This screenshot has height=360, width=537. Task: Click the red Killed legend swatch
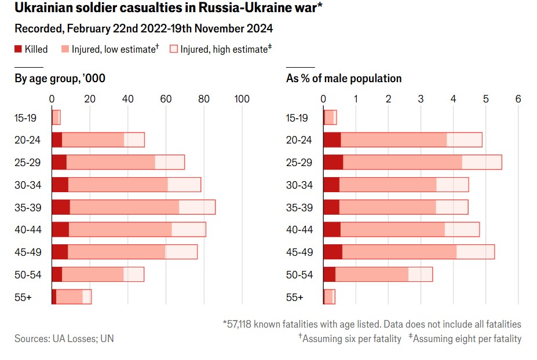click(x=18, y=50)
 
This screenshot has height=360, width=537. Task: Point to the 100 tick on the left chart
click(x=241, y=99)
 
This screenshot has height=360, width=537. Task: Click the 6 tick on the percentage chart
click(x=518, y=99)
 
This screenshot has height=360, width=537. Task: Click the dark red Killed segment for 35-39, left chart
click(x=61, y=207)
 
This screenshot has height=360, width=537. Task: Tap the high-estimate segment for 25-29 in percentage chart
click(x=482, y=162)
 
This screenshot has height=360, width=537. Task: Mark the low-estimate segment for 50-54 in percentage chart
click(x=372, y=274)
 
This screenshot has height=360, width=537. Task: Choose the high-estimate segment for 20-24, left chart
click(x=134, y=139)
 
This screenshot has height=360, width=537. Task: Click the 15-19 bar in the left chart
click(x=56, y=117)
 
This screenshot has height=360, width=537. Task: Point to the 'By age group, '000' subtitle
click(x=60, y=79)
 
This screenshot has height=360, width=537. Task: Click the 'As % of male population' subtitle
click(x=344, y=79)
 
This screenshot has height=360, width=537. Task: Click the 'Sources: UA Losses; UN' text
click(x=64, y=339)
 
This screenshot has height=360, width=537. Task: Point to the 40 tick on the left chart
click(x=127, y=99)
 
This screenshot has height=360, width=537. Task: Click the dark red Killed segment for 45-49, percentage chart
click(x=333, y=252)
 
